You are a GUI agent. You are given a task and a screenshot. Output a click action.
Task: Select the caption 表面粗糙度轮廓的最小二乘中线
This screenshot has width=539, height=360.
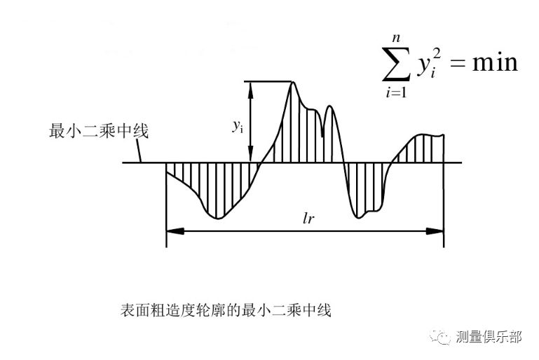coord(226,309)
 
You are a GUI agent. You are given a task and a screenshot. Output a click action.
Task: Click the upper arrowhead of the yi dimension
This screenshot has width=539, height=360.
coord(247,85)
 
